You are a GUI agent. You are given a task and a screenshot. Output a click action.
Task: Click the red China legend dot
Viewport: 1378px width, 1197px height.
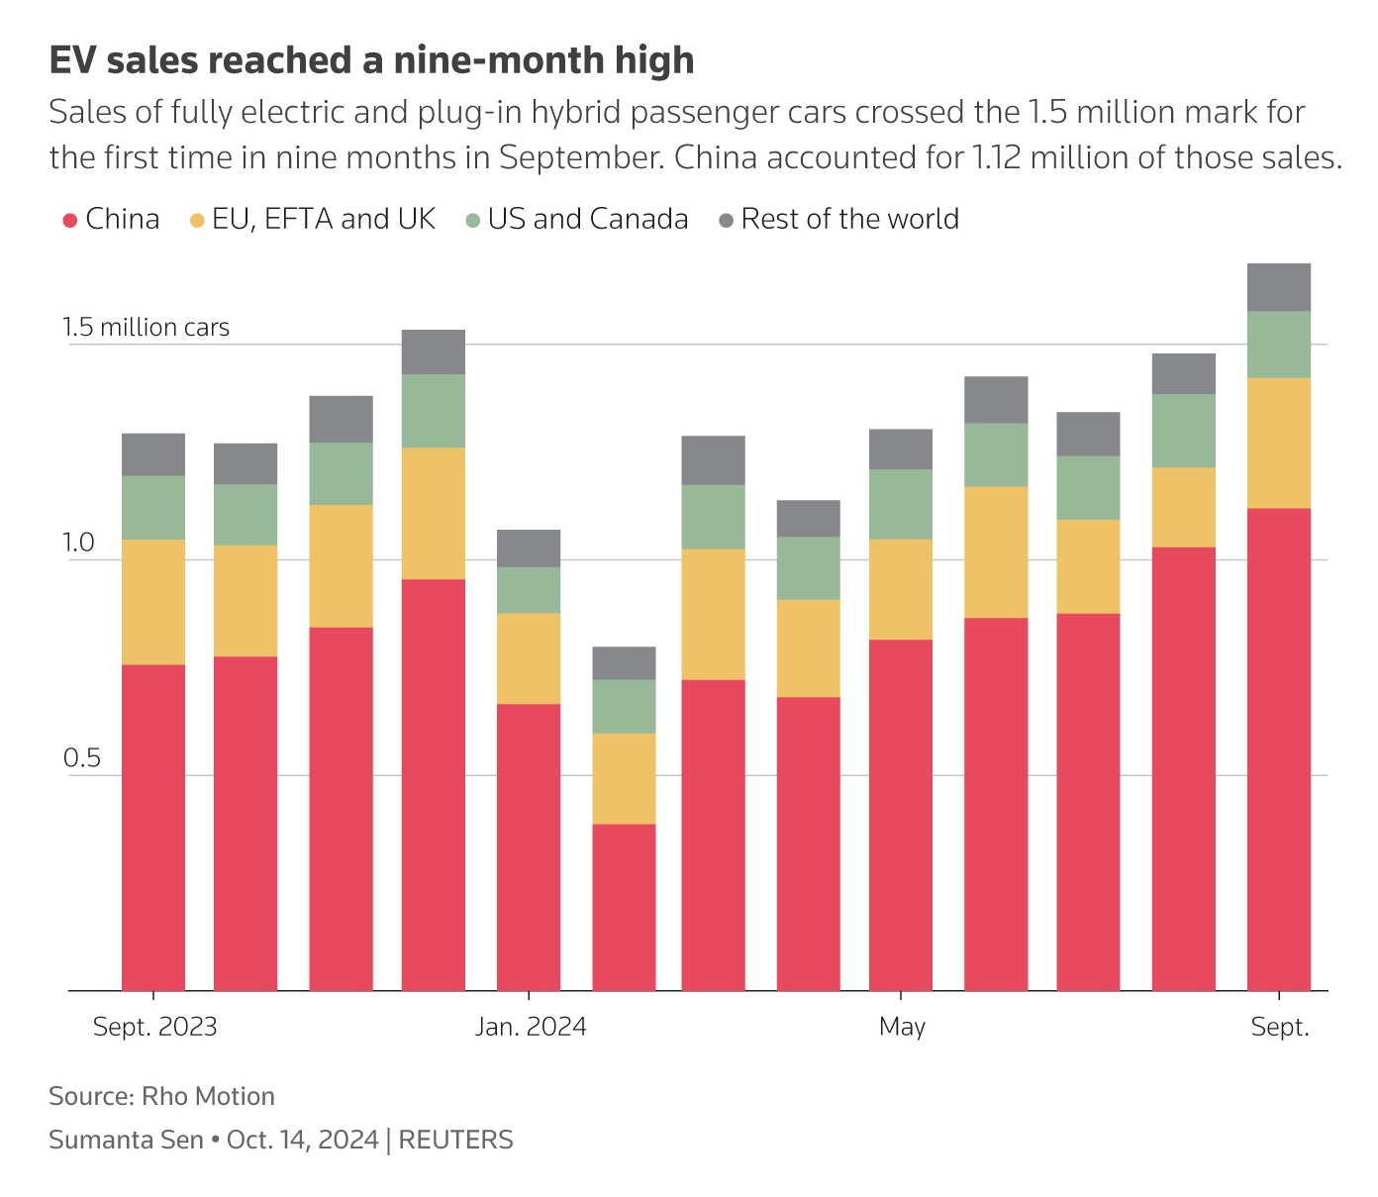(69, 220)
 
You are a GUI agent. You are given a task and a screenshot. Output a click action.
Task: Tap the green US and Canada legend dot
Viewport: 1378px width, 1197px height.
(472, 220)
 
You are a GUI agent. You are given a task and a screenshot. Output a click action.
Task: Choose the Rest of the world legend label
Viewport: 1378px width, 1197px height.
(849, 219)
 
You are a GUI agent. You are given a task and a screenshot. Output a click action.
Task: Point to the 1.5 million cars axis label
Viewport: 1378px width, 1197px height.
(147, 328)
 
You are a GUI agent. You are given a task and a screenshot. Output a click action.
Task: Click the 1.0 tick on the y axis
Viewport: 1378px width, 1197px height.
(79, 543)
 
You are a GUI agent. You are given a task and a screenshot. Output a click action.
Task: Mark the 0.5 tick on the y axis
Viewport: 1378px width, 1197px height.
(82, 758)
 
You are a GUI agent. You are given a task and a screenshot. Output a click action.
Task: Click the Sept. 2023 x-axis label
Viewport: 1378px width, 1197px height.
(154, 1027)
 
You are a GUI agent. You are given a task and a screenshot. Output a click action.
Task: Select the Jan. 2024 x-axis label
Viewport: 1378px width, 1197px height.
(531, 1027)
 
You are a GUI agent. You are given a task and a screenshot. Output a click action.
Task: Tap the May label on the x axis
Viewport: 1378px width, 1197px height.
(902, 1027)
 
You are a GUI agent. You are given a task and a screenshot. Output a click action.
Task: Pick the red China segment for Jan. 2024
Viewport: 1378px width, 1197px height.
(529, 847)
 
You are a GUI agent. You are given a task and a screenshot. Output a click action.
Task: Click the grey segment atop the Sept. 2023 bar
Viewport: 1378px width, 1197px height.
(153, 454)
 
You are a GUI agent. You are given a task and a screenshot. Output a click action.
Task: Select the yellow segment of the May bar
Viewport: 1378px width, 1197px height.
(901, 589)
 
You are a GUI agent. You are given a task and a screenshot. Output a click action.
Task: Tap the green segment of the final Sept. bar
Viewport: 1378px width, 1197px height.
(1279, 345)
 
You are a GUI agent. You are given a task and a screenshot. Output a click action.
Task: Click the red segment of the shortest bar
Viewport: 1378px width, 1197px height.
(624, 906)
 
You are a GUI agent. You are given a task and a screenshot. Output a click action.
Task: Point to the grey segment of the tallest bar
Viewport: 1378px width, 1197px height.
(1279, 287)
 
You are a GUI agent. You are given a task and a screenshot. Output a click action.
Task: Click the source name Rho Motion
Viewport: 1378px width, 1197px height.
(208, 1096)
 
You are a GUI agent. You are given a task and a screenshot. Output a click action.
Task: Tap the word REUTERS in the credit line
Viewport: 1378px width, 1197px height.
(455, 1140)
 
